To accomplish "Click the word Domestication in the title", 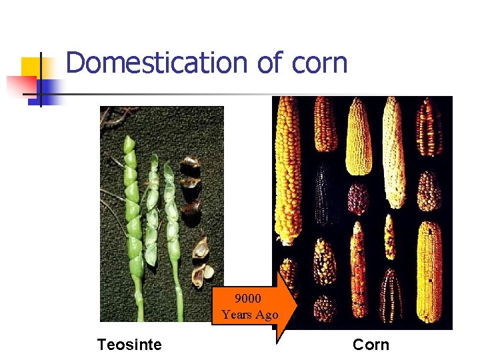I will tap(157, 63).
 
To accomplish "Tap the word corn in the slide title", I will tap(319, 63).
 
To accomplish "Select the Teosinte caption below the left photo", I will tap(129, 345).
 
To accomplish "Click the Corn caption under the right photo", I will tap(371, 345).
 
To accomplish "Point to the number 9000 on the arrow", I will tap(247, 299).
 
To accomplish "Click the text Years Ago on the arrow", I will tap(250, 315).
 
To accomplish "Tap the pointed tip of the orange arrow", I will tap(295, 307).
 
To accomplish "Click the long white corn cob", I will tap(395, 153).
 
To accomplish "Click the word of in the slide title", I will tap(271, 63).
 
